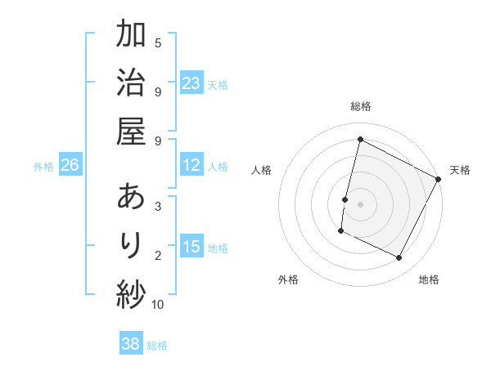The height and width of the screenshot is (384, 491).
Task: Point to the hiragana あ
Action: click(x=131, y=197)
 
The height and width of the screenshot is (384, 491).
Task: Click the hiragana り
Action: click(x=131, y=245)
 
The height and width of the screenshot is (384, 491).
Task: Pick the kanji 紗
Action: click(x=131, y=293)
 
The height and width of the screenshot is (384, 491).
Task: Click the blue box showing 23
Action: click(x=191, y=83)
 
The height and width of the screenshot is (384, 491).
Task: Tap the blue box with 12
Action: click(x=191, y=165)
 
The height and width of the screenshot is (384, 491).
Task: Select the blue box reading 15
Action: click(x=191, y=247)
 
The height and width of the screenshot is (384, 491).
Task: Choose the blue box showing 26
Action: click(x=70, y=165)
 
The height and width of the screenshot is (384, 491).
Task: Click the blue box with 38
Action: click(x=130, y=344)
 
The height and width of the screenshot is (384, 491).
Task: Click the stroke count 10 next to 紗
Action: click(x=158, y=305)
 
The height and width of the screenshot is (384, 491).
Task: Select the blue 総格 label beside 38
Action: click(x=157, y=346)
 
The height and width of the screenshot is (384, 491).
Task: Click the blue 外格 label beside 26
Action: click(x=43, y=167)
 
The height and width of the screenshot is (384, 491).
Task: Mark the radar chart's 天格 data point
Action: click(x=439, y=179)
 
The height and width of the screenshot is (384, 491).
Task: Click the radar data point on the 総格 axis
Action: click(x=360, y=140)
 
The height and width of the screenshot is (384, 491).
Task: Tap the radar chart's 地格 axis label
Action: click(x=429, y=279)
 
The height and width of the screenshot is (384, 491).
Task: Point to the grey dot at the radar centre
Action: click(x=360, y=203)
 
